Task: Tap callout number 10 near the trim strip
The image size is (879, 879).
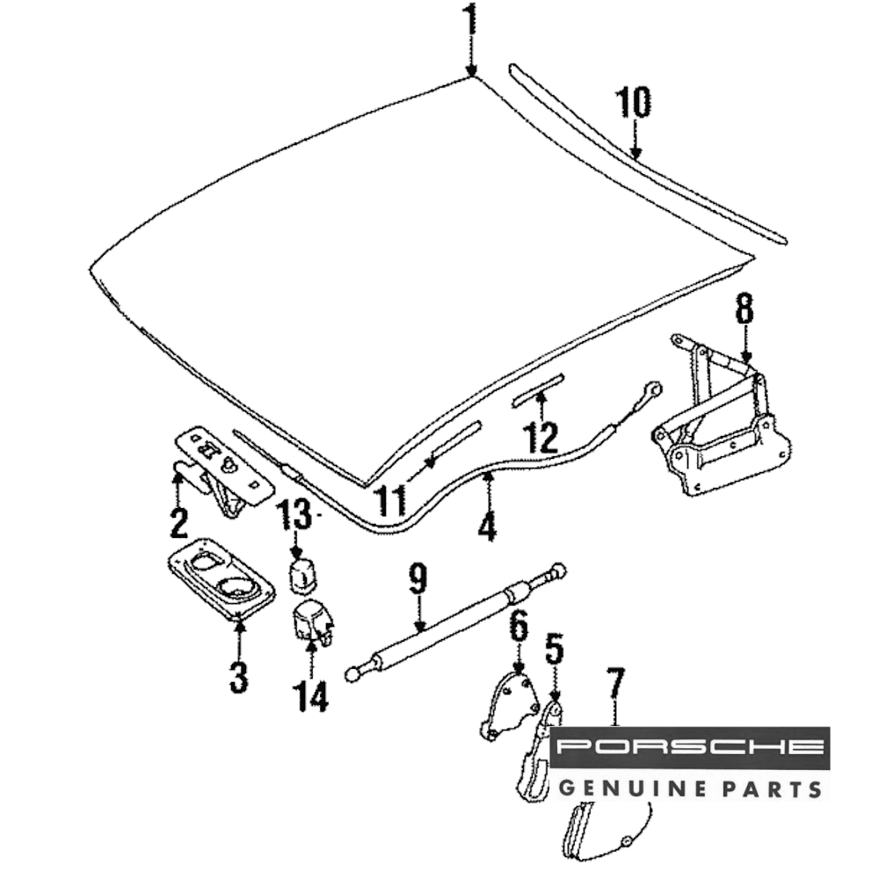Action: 633,104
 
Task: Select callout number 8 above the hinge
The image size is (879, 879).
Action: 745,309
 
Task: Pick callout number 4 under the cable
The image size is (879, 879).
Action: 487,525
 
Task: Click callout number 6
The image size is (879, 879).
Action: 519,628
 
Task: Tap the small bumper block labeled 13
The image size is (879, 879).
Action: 304,571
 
